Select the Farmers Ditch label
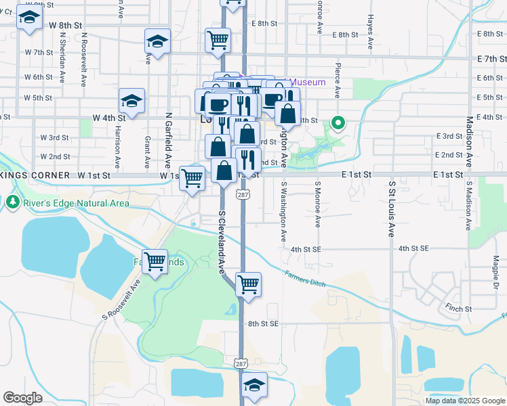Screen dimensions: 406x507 click(307, 277)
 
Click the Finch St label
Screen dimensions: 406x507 click(458, 309)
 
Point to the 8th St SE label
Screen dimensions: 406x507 click(264, 324)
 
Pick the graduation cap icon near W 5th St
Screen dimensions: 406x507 click(131, 101)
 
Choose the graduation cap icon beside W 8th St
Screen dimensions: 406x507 click(29, 19)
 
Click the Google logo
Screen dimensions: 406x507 click(22, 398)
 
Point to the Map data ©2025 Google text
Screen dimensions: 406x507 click(465, 401)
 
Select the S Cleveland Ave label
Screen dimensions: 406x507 click(221, 241)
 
